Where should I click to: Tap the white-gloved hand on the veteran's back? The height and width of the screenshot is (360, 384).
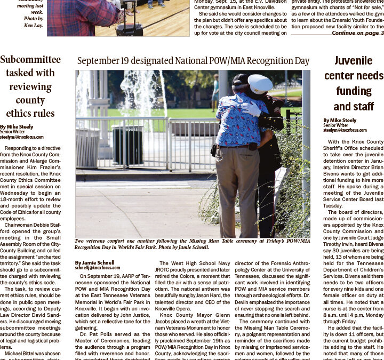251,109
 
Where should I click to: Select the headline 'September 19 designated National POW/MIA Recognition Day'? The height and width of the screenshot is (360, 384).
193,61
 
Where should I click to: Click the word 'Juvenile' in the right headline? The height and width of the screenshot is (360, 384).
353,61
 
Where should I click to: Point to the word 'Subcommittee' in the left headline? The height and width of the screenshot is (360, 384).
30,59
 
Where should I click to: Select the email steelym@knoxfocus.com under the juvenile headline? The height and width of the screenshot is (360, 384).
345,130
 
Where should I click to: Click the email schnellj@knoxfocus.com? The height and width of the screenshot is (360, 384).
98,268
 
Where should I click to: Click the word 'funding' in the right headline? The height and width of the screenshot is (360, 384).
353,91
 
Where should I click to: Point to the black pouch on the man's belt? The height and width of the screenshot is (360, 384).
252,146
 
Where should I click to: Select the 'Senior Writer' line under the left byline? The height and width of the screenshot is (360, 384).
13,132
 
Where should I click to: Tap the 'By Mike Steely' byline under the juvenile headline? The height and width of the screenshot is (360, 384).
339,121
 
